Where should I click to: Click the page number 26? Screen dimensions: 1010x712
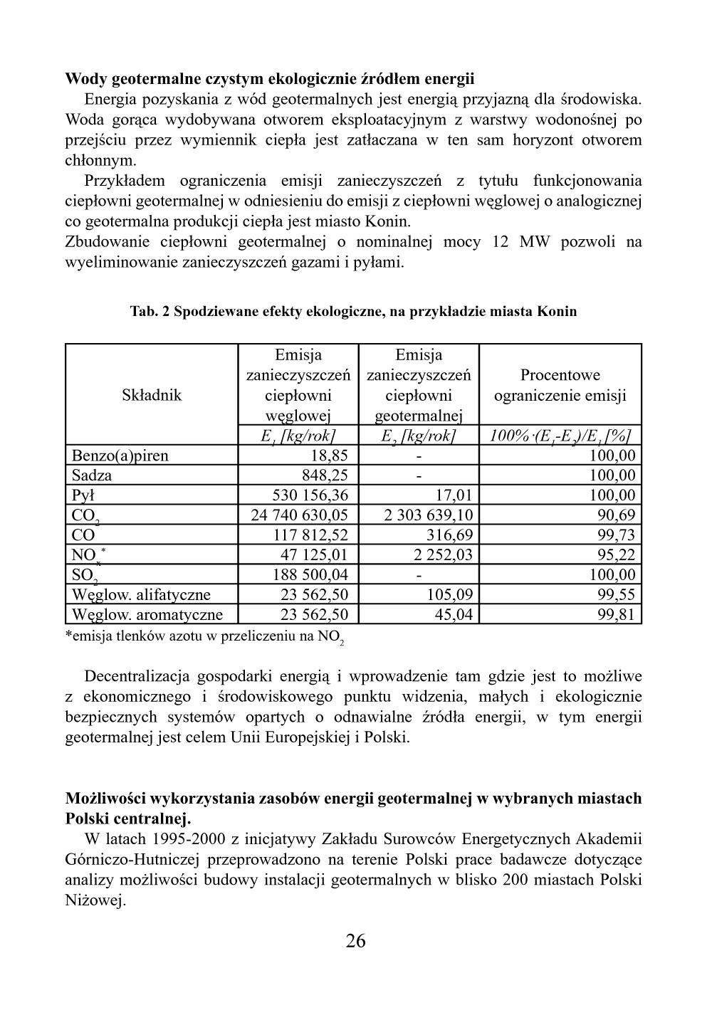355,941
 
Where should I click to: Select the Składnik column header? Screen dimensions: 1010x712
152,395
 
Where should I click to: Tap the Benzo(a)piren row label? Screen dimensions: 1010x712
120,456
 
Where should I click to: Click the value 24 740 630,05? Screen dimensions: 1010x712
300,515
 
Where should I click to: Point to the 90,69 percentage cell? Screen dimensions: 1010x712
616,515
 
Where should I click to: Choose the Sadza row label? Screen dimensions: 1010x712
92,475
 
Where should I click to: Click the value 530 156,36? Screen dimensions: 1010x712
310,495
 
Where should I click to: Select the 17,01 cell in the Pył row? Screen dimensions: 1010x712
454,495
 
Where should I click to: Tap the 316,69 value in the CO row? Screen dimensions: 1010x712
449,535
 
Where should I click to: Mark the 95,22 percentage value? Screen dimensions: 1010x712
616,555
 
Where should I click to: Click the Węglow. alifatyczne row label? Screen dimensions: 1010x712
141,595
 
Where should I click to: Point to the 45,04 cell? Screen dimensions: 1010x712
454,615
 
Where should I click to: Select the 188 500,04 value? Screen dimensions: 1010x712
310,575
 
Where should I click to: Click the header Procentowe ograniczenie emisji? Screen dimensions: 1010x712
560,385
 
